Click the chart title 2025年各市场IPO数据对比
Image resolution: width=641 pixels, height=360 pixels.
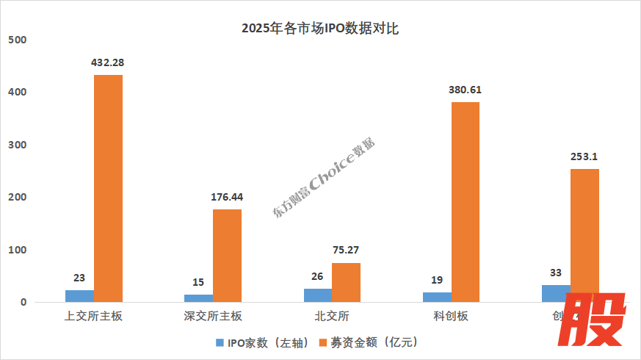[320, 29]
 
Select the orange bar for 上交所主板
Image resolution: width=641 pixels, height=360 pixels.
[108, 188]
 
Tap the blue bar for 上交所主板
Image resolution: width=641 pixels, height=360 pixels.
[79, 296]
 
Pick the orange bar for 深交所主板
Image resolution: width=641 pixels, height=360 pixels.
[227, 256]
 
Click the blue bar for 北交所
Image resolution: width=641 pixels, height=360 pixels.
[317, 295]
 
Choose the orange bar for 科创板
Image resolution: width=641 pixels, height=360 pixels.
[465, 202]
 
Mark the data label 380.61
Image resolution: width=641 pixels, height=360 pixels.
[465, 90]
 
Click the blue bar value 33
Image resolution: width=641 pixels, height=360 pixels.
[555, 272]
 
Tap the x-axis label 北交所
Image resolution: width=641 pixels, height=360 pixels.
[331, 317]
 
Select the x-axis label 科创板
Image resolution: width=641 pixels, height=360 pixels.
[450, 317]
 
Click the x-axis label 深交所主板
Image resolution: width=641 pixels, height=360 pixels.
[212, 317]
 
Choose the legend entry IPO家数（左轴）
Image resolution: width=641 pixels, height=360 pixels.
[262, 342]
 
